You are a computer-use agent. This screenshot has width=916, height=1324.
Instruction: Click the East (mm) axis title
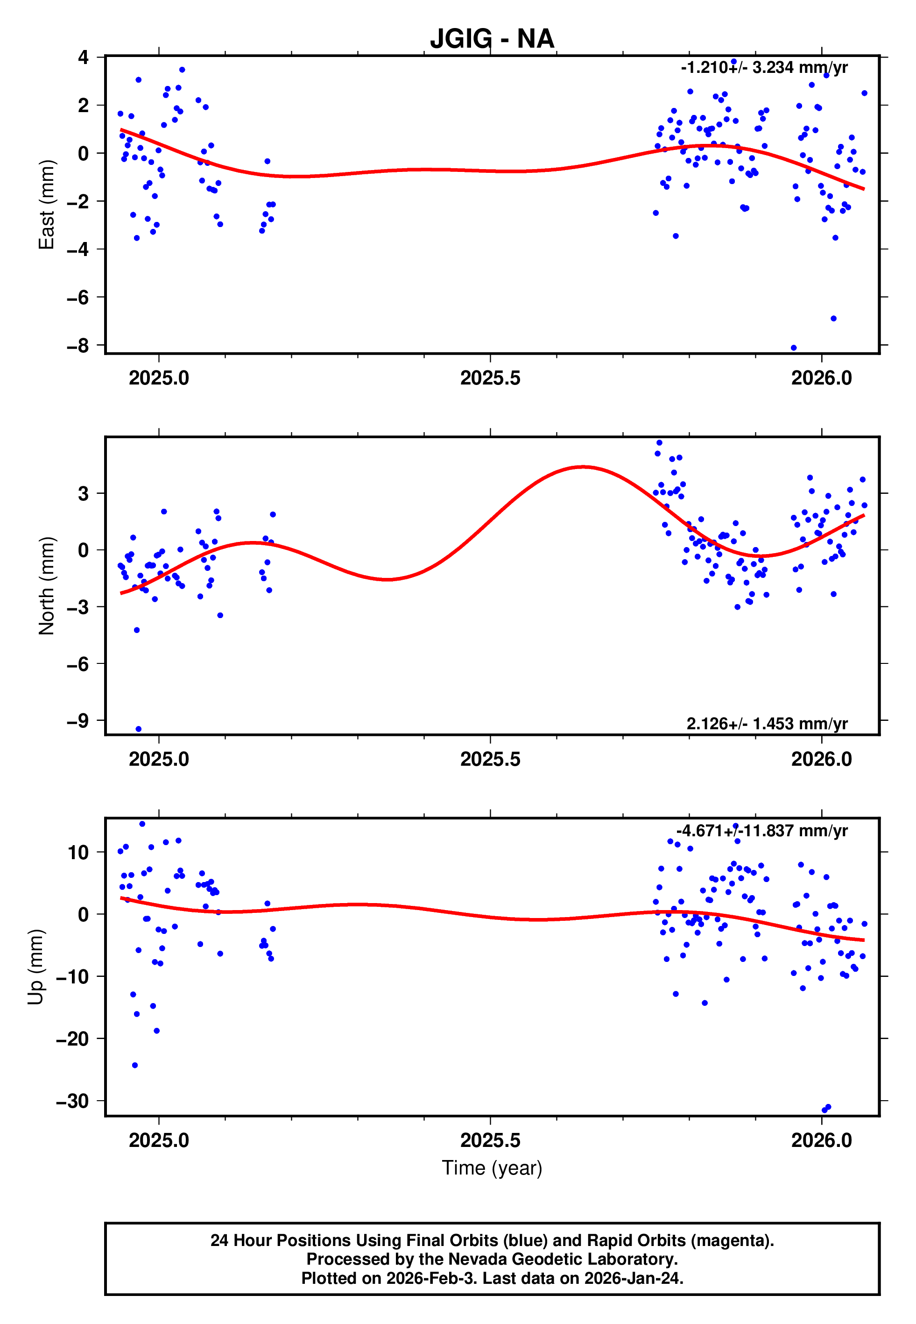click(x=47, y=205)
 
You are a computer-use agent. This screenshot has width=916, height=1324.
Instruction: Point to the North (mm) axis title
click(x=47, y=586)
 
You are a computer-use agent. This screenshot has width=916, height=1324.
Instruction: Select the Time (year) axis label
click(x=492, y=1168)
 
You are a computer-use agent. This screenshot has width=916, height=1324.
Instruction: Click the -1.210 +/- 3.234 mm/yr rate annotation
click(x=764, y=68)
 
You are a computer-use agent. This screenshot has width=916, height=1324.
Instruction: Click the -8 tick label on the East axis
click(x=78, y=346)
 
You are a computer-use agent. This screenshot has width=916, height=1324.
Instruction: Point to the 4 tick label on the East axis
click(x=84, y=57)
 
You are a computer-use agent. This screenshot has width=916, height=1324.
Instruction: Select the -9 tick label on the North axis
click(x=78, y=720)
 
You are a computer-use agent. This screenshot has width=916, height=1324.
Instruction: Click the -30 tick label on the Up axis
click(x=73, y=1101)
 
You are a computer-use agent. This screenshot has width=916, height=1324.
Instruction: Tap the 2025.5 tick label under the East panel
click(x=490, y=378)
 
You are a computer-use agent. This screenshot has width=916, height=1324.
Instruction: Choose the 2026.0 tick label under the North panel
click(x=821, y=759)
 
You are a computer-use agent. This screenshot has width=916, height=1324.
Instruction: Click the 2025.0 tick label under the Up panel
click(x=159, y=1140)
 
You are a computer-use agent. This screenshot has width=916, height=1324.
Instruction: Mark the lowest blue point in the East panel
click(x=794, y=348)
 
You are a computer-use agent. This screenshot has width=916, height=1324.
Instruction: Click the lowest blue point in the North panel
click(x=138, y=729)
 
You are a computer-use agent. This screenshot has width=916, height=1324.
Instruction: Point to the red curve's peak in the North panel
click(x=583, y=467)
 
